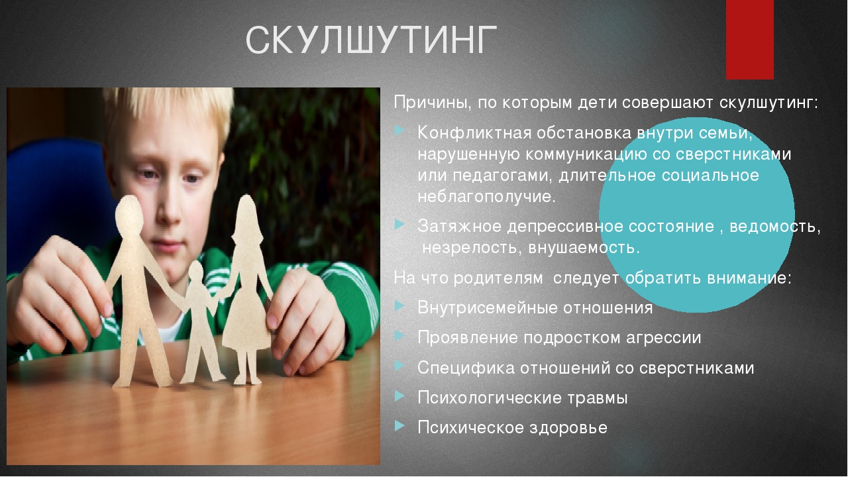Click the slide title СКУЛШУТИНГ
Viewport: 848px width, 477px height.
tap(371, 40)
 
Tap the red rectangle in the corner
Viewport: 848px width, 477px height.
tap(749, 40)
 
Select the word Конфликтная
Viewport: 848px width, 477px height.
tap(474, 133)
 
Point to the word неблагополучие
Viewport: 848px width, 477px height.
tap(486, 197)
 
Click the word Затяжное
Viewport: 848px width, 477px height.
tap(459, 227)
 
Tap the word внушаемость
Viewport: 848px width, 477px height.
tap(584, 248)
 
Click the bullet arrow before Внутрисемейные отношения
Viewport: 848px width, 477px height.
tap(399, 306)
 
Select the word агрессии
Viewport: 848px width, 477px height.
tap(663, 338)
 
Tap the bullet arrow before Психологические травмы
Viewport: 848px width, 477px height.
tap(399, 396)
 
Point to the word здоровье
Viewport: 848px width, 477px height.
tap(568, 428)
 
